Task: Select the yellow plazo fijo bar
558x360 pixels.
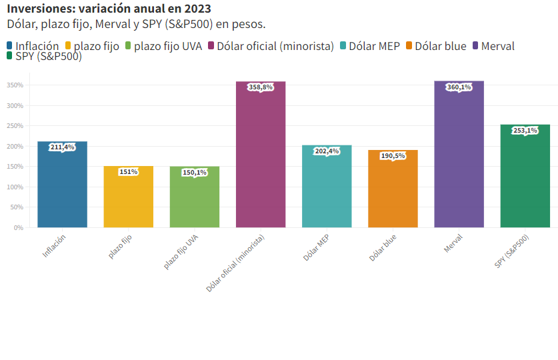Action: pos(128,200)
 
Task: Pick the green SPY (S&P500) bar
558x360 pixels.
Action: pos(525,180)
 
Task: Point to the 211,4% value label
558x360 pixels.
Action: pos(62,147)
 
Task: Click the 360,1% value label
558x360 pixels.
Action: pos(459,87)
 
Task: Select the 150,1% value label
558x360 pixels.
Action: pos(194,172)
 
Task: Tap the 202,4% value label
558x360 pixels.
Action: pos(327,151)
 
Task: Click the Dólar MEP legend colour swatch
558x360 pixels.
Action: pos(343,46)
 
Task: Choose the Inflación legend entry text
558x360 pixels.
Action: pos(37,46)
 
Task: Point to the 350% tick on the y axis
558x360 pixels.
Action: pos(16,85)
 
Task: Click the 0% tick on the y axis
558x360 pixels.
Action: pos(19,227)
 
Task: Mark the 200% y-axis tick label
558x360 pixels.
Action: pos(16,146)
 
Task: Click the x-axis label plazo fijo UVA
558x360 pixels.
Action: pos(181,253)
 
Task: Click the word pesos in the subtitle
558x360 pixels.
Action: pos(248,24)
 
